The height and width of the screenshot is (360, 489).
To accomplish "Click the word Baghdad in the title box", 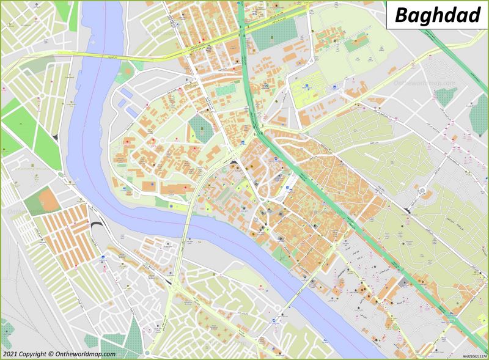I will [437, 15].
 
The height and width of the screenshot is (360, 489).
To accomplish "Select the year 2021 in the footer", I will [9, 354].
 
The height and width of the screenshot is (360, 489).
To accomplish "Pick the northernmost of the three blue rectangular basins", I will [126, 92].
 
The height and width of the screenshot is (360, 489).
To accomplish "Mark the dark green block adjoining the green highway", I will [269, 37].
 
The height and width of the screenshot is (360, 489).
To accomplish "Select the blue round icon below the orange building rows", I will [103, 257].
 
